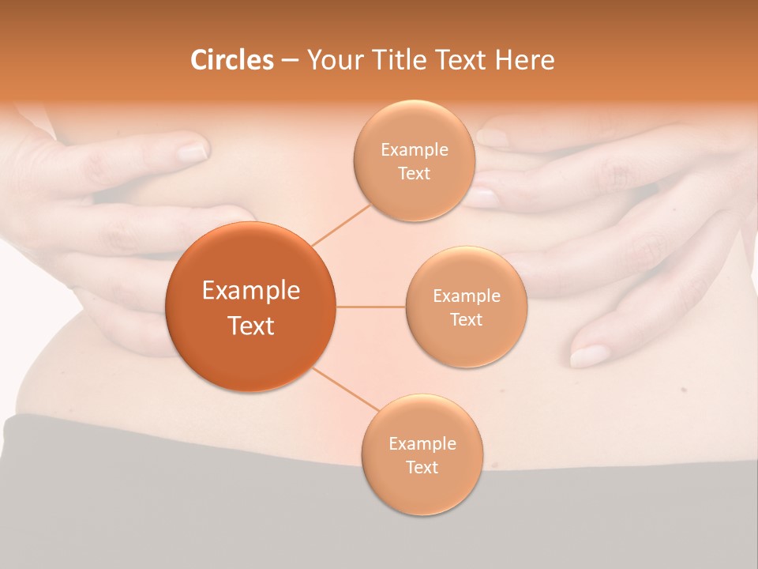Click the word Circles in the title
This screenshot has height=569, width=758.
(x=232, y=60)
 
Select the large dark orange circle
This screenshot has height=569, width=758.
(x=250, y=307)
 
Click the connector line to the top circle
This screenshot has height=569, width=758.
(x=342, y=224)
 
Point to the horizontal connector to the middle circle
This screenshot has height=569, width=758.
(x=370, y=307)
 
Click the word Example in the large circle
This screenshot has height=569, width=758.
(x=250, y=291)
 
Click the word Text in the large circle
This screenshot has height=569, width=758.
(x=250, y=326)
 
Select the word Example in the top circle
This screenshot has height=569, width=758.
(x=414, y=150)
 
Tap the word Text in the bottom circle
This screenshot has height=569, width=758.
(x=422, y=467)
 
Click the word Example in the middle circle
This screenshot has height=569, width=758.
(x=467, y=296)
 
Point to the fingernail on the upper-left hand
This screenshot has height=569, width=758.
(x=192, y=152)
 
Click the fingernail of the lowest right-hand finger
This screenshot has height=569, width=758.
(x=589, y=356)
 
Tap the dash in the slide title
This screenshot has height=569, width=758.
(x=290, y=60)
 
